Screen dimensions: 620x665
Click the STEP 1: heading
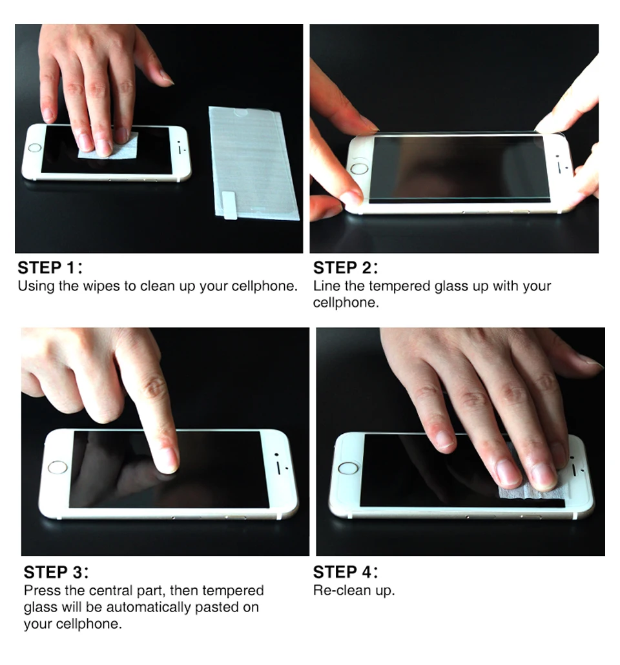[50, 267]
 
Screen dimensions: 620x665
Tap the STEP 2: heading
[346, 267]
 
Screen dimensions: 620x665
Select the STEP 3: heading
[56, 572]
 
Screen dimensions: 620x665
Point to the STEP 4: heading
[346, 572]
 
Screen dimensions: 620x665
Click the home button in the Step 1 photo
[35, 148]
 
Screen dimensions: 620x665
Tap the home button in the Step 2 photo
[359, 169]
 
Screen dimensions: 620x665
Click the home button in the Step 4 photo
[348, 468]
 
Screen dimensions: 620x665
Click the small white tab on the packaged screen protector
[229, 205]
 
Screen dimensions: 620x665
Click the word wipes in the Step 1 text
[101, 286]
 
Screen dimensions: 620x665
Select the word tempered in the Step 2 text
[399, 286]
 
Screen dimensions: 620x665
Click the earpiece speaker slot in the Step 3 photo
[280, 467]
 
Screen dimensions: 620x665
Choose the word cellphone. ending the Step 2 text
[346, 303]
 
